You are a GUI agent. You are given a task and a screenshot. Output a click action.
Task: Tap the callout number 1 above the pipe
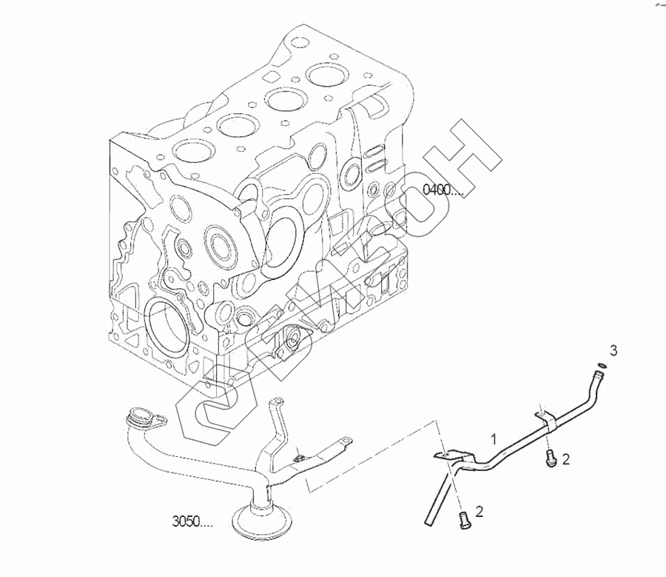tap(494, 439)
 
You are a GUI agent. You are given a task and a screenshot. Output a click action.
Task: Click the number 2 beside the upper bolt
tap(566, 459)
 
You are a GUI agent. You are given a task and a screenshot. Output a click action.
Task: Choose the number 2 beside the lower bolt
tap(479, 511)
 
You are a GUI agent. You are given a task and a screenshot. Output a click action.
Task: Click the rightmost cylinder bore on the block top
tap(327, 74)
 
